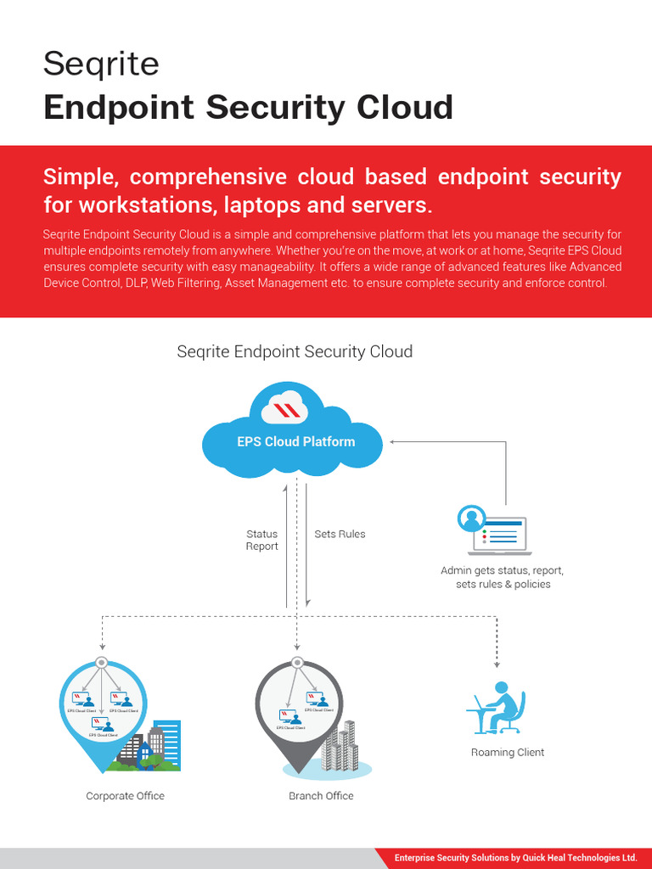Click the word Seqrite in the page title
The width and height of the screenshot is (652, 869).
[101, 64]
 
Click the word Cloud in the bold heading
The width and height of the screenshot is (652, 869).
[405, 108]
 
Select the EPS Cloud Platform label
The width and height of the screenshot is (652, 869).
[295, 441]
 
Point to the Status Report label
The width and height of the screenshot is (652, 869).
[261, 540]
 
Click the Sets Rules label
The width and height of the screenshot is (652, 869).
[340, 534]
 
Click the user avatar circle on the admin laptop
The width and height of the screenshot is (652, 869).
[471, 518]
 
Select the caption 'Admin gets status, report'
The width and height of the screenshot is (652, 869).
[502, 570]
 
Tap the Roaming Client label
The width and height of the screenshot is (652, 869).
[508, 752]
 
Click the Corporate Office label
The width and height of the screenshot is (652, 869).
[126, 796]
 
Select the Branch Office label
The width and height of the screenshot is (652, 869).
[321, 796]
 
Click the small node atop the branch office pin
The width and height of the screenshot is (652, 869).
[297, 662]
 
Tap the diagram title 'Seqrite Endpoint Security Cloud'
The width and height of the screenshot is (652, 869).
[295, 351]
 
